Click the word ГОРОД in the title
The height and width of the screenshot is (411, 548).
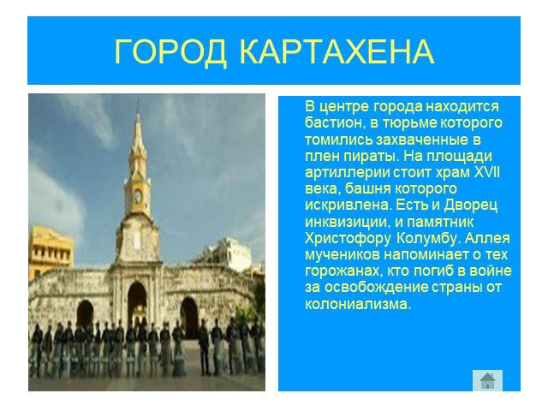point(171,52)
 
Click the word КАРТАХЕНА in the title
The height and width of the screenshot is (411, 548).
point(337,51)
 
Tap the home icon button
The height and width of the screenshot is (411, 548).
point(487,380)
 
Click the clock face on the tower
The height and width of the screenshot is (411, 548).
point(138,196)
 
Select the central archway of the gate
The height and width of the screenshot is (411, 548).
point(137,303)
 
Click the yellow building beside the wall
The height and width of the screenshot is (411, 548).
point(50,251)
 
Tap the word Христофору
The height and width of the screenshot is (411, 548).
point(348,239)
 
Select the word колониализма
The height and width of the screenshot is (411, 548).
point(358,304)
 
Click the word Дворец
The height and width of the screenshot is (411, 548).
point(470,205)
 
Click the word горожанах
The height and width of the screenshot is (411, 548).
point(339,271)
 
